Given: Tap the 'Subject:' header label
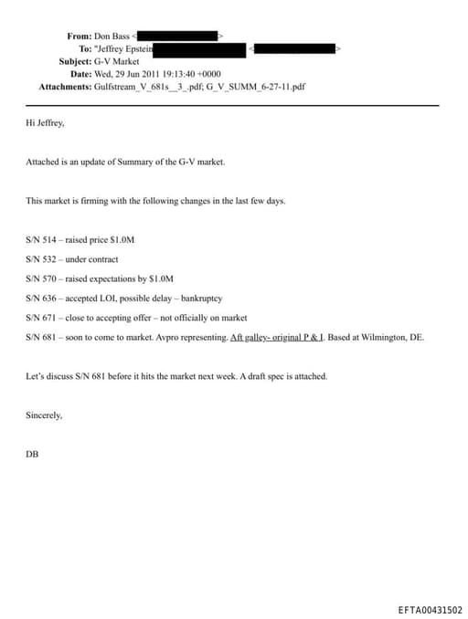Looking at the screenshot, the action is [69, 61].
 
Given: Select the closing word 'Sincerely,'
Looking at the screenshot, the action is [45, 415].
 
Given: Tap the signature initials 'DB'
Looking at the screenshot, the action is [32, 453].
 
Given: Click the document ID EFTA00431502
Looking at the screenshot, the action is [430, 610].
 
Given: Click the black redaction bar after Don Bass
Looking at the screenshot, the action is [177, 37].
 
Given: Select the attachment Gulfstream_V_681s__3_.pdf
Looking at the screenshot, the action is [145, 87].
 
